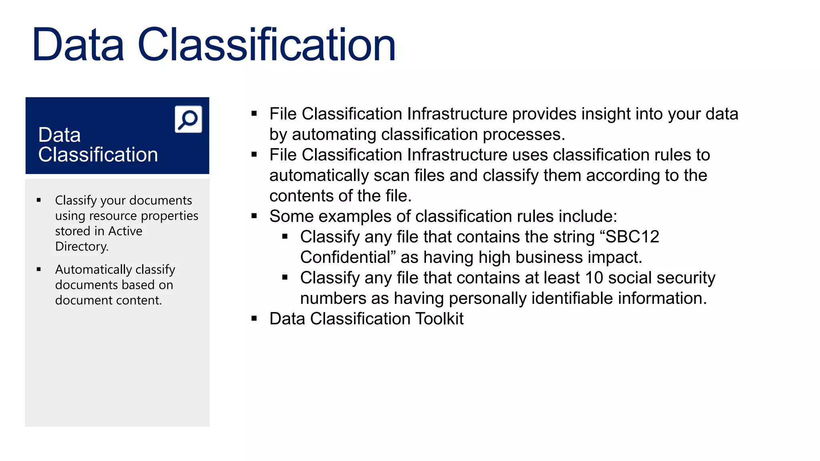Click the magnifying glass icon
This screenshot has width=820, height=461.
click(188, 119)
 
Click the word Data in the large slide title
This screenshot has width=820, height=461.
click(78, 45)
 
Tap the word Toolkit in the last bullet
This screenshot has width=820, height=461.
click(439, 319)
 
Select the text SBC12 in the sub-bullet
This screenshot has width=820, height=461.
click(632, 237)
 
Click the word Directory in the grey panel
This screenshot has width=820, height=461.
click(81, 247)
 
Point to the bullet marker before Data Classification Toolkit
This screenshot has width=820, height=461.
click(254, 319)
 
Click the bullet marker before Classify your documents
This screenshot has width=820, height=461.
click(39, 200)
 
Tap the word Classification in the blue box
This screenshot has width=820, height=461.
click(98, 155)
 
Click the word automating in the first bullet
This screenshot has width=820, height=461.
click(334, 134)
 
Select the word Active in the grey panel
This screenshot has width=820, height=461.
click(125, 231)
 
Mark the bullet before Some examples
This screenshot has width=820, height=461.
click(254, 216)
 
